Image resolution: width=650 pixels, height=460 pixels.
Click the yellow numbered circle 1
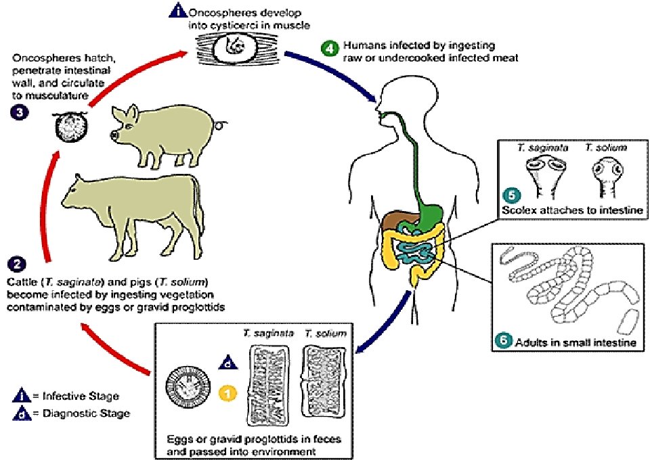point(230,391)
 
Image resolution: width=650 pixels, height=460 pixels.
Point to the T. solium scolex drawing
point(602,172)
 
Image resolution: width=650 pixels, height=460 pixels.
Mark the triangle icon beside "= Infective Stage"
point(22,396)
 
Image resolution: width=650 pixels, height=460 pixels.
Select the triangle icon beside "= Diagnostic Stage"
point(22,412)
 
